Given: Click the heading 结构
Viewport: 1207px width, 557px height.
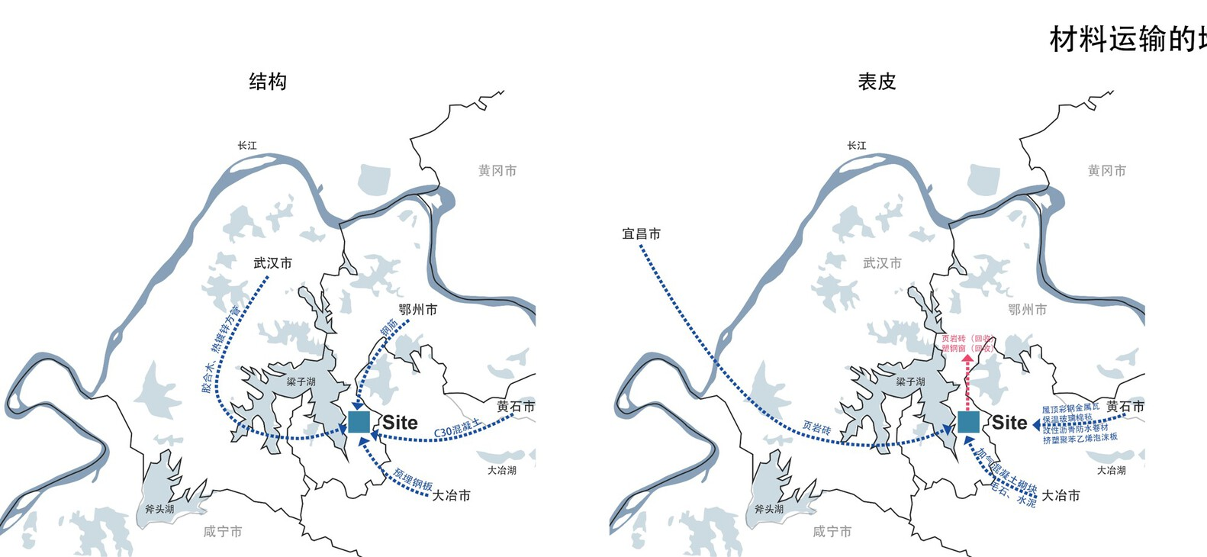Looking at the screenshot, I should tap(268, 82).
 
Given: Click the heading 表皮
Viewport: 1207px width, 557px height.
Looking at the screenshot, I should tap(877, 82).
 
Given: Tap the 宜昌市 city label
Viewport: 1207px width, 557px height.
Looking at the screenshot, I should tap(641, 233).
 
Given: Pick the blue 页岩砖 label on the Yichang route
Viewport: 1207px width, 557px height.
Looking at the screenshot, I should tap(816, 429).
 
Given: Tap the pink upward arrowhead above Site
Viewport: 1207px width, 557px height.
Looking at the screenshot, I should tap(967, 356).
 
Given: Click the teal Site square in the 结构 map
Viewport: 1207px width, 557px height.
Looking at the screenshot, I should tap(359, 422).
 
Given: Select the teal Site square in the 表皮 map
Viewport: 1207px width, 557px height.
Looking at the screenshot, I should tap(968, 422).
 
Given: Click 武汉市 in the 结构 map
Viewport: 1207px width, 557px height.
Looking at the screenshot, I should tap(272, 263).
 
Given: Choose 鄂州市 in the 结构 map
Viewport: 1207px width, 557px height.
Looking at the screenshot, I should tap(418, 310).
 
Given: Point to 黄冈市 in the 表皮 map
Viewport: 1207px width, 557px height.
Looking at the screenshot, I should tap(1106, 171).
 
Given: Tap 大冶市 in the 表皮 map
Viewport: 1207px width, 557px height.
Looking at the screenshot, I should tap(1061, 496).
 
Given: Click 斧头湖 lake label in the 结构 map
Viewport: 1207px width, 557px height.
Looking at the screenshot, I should tap(159, 509).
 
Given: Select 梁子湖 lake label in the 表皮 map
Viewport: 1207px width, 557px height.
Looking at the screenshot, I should tap(910, 382).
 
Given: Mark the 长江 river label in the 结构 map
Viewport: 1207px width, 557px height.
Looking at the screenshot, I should tap(247, 145).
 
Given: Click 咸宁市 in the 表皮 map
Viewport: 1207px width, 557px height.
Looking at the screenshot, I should tap(832, 532).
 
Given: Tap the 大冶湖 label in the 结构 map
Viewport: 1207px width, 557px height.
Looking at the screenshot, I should tap(502, 470).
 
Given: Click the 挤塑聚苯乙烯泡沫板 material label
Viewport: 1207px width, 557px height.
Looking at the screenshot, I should tap(1080, 438).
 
